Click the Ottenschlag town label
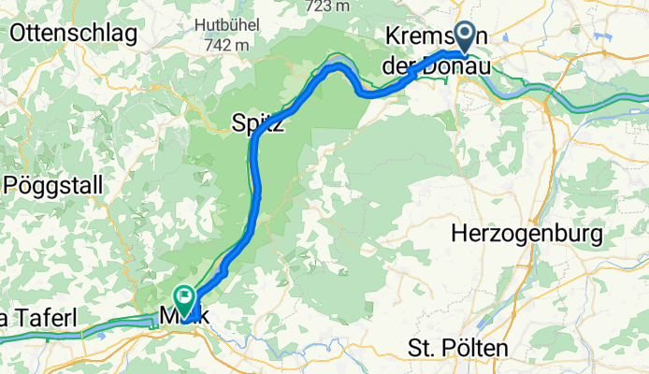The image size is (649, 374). (x=73, y=35)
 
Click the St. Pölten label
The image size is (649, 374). (x=458, y=349)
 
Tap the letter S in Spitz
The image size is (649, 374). (x=238, y=122)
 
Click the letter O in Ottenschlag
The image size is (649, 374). (x=18, y=35)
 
